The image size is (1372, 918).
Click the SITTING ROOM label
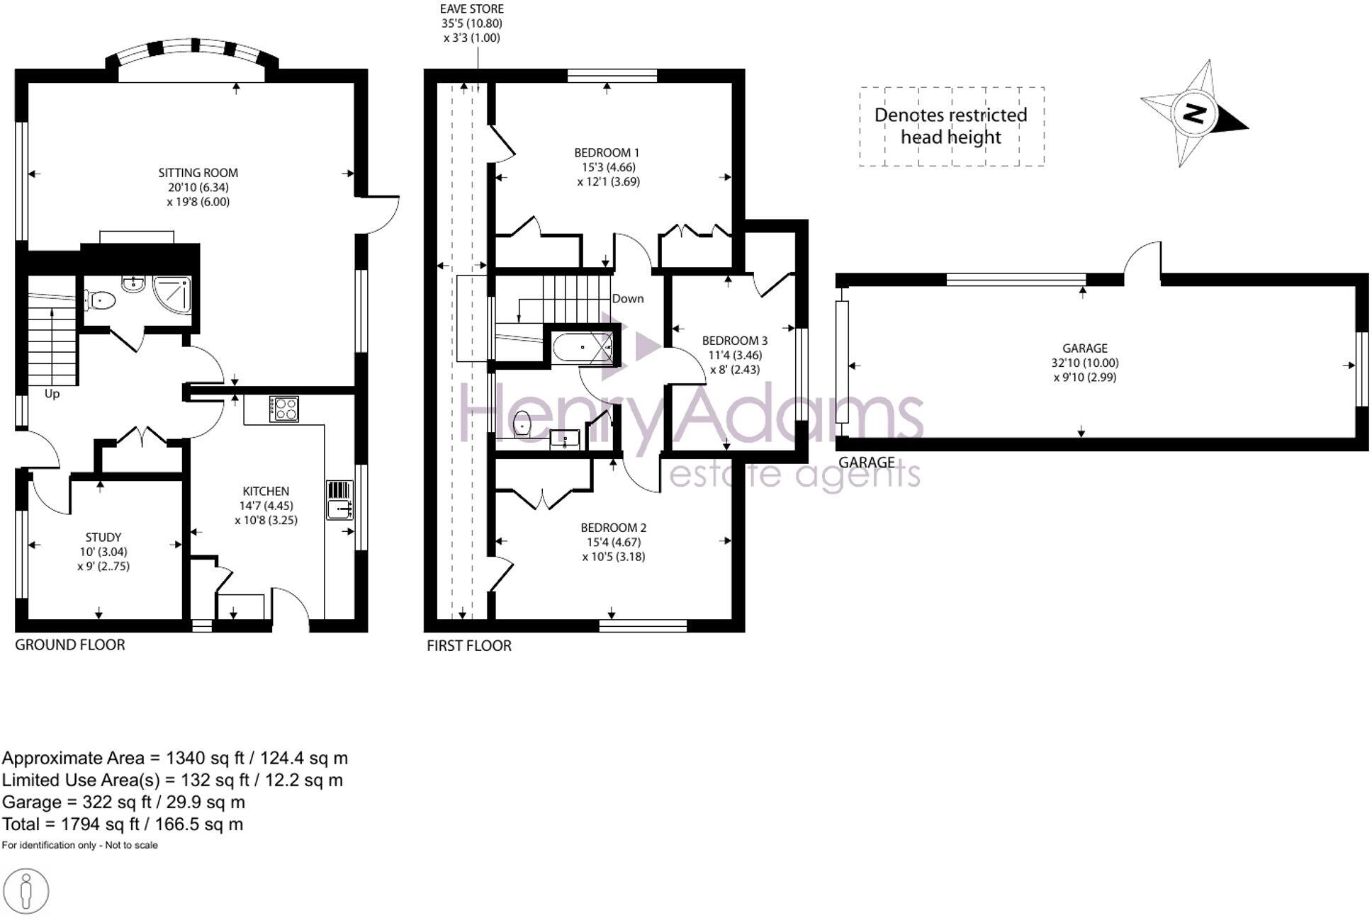click(x=198, y=172)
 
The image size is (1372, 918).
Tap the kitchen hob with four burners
click(x=284, y=409)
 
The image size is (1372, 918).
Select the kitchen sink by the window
click(x=340, y=508)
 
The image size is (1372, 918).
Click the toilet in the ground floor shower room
click(x=101, y=301)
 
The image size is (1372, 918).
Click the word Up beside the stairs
click(x=52, y=394)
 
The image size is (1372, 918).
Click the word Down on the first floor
click(x=627, y=298)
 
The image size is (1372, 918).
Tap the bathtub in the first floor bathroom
click(x=580, y=347)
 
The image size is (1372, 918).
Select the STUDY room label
click(x=103, y=537)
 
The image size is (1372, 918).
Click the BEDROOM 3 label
click(x=735, y=341)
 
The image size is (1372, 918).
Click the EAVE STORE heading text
click(x=472, y=9)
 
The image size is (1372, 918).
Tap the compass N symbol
click(x=1195, y=113)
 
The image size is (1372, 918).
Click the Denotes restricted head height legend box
click(x=951, y=126)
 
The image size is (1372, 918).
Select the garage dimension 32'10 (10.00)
click(x=1084, y=363)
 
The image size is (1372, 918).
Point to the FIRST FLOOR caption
click(x=469, y=645)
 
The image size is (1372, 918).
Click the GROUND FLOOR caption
click(x=70, y=645)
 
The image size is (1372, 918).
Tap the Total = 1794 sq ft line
click(x=123, y=824)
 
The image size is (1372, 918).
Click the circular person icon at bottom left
click(x=26, y=891)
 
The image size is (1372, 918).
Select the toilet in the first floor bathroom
click(x=522, y=423)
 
